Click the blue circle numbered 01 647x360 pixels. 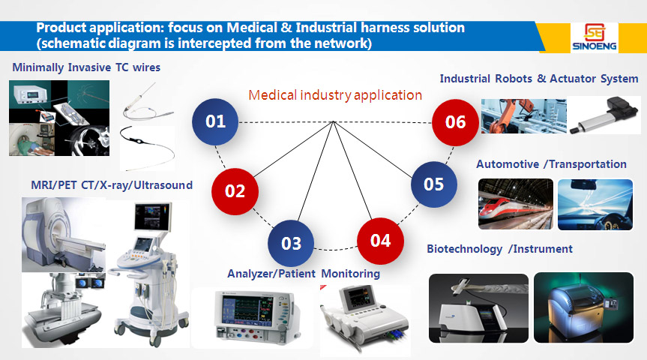coord(215,121)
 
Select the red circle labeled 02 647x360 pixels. coord(235,191)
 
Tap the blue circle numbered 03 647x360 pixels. coord(291,243)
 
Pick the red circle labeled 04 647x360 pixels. coord(380,241)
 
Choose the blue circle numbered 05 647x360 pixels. coord(433,184)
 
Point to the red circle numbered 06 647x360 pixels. coord(455,122)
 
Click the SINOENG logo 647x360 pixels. coord(595,37)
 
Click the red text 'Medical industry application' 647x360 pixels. coord(335,95)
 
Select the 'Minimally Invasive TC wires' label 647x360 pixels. coord(86,67)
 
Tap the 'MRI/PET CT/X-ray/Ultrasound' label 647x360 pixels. coord(112,185)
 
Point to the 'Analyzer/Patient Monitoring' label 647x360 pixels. coord(304,273)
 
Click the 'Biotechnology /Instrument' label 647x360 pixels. coord(500,249)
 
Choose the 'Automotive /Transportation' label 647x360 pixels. coord(551,164)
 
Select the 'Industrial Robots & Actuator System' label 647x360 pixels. coord(539,79)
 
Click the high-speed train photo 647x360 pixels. coord(516,204)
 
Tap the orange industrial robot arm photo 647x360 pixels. coord(523,116)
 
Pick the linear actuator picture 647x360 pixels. coord(604,115)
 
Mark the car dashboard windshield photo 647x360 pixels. coord(595,204)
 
